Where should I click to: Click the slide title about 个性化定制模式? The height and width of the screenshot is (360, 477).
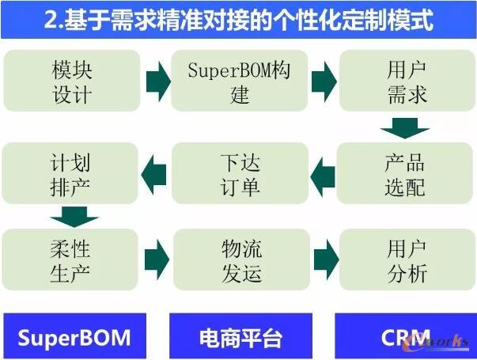[x=238, y=20]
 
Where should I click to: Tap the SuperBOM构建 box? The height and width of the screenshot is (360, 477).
[x=240, y=81]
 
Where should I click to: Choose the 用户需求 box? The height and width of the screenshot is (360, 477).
[x=407, y=81]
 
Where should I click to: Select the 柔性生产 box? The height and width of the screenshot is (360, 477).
[x=72, y=261]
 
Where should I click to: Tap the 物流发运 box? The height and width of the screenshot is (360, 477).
[x=240, y=261]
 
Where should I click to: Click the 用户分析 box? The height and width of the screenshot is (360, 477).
[x=407, y=261]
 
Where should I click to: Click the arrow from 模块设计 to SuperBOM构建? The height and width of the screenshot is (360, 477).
[x=158, y=81]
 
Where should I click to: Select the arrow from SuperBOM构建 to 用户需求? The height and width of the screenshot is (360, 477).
[x=324, y=81]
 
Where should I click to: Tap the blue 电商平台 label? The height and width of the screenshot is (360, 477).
[x=240, y=336]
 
